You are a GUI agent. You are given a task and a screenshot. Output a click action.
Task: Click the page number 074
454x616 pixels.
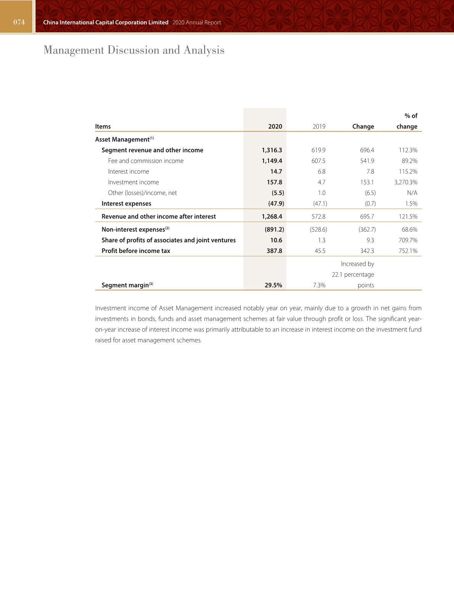click(19, 22)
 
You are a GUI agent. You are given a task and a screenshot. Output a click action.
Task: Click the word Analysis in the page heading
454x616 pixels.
click(204, 50)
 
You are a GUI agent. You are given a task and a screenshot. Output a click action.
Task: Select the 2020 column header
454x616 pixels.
click(275, 126)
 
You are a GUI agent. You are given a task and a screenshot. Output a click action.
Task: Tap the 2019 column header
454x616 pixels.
click(319, 126)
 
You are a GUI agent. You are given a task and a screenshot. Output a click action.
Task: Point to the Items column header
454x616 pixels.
click(103, 126)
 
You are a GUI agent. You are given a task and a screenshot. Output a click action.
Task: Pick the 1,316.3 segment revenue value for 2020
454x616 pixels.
click(272, 150)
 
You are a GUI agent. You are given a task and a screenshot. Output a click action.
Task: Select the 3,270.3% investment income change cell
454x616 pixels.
click(406, 182)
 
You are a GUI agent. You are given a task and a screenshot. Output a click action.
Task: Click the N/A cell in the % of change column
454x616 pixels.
click(412, 193)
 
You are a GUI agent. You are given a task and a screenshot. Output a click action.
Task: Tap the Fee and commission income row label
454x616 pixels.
click(146, 161)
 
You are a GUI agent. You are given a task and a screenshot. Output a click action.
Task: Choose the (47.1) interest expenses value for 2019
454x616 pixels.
click(320, 203)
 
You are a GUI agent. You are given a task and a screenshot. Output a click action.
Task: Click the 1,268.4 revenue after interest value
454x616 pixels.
click(272, 216)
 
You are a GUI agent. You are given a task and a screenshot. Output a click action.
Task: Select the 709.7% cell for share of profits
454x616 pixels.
click(408, 240)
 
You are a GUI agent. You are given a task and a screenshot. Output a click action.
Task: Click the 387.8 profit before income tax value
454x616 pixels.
click(274, 251)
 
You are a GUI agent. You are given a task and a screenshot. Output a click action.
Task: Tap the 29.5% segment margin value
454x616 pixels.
click(273, 285)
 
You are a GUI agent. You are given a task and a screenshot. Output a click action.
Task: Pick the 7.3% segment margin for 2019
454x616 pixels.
click(319, 285)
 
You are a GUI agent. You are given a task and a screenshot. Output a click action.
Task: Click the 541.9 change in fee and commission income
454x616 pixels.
click(367, 161)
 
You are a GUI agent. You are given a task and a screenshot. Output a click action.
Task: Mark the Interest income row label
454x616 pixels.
click(129, 171)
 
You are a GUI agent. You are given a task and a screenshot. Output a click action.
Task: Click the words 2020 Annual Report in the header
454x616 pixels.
click(196, 23)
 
